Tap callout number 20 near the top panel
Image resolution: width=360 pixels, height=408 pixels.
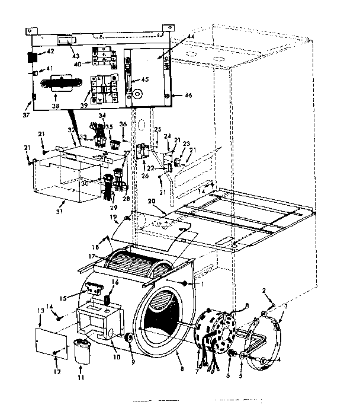152,202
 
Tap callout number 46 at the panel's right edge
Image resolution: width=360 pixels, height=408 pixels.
188,95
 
